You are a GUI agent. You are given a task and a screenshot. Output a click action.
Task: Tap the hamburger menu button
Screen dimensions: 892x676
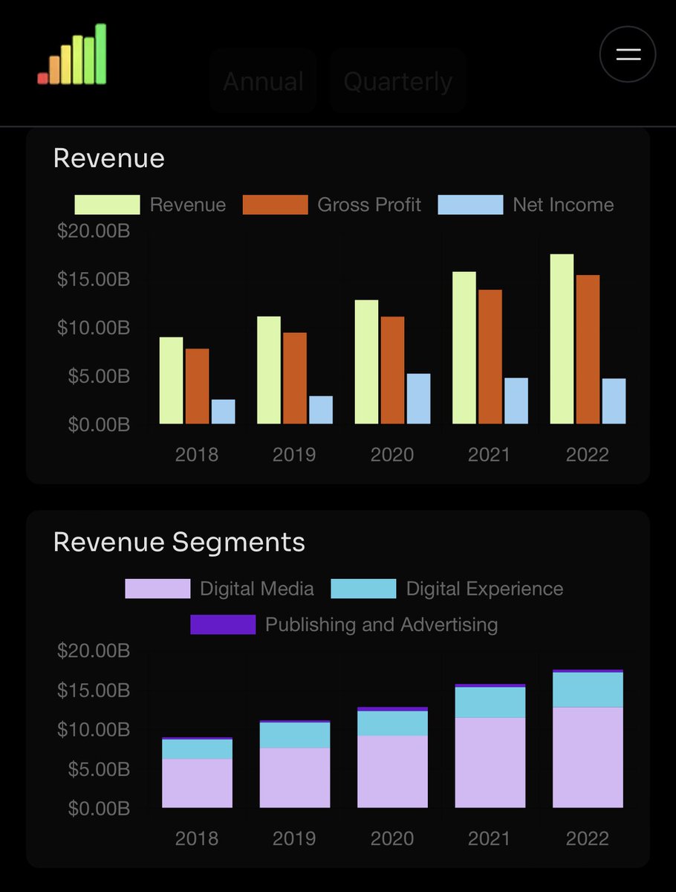pyautogui.click(x=628, y=54)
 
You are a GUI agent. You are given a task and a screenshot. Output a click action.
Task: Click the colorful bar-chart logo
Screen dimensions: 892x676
pyautogui.click(x=72, y=55)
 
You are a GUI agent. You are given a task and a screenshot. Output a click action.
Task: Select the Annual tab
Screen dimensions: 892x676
pyautogui.click(x=263, y=81)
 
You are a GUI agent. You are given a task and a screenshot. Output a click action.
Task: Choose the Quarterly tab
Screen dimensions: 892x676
pyautogui.click(x=397, y=81)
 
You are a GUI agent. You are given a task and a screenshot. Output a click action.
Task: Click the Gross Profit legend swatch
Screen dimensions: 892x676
pyautogui.click(x=275, y=205)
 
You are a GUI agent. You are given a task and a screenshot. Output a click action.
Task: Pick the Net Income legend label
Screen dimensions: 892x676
pyautogui.click(x=563, y=205)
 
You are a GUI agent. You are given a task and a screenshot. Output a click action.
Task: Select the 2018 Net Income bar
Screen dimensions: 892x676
pyautogui.click(x=223, y=412)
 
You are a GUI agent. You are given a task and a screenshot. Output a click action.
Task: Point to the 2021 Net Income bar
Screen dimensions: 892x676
pyautogui.click(x=516, y=401)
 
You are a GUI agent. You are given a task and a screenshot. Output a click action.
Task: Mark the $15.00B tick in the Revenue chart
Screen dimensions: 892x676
pyautogui.click(x=94, y=279)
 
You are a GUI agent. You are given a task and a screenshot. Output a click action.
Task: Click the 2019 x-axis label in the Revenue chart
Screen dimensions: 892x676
pyautogui.click(x=294, y=455)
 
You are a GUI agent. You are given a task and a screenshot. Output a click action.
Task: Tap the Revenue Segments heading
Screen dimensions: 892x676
pyautogui.click(x=179, y=542)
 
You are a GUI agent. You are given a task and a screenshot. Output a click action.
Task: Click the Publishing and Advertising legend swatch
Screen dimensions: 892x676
pyautogui.click(x=223, y=624)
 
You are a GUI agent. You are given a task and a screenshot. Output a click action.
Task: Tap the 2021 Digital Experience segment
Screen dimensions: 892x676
pyautogui.click(x=490, y=702)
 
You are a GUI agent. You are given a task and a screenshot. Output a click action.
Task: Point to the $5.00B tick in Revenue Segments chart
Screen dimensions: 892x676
pyautogui.click(x=94, y=769)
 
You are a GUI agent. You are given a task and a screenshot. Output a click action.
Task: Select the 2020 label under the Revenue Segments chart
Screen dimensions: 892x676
pyautogui.click(x=392, y=838)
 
